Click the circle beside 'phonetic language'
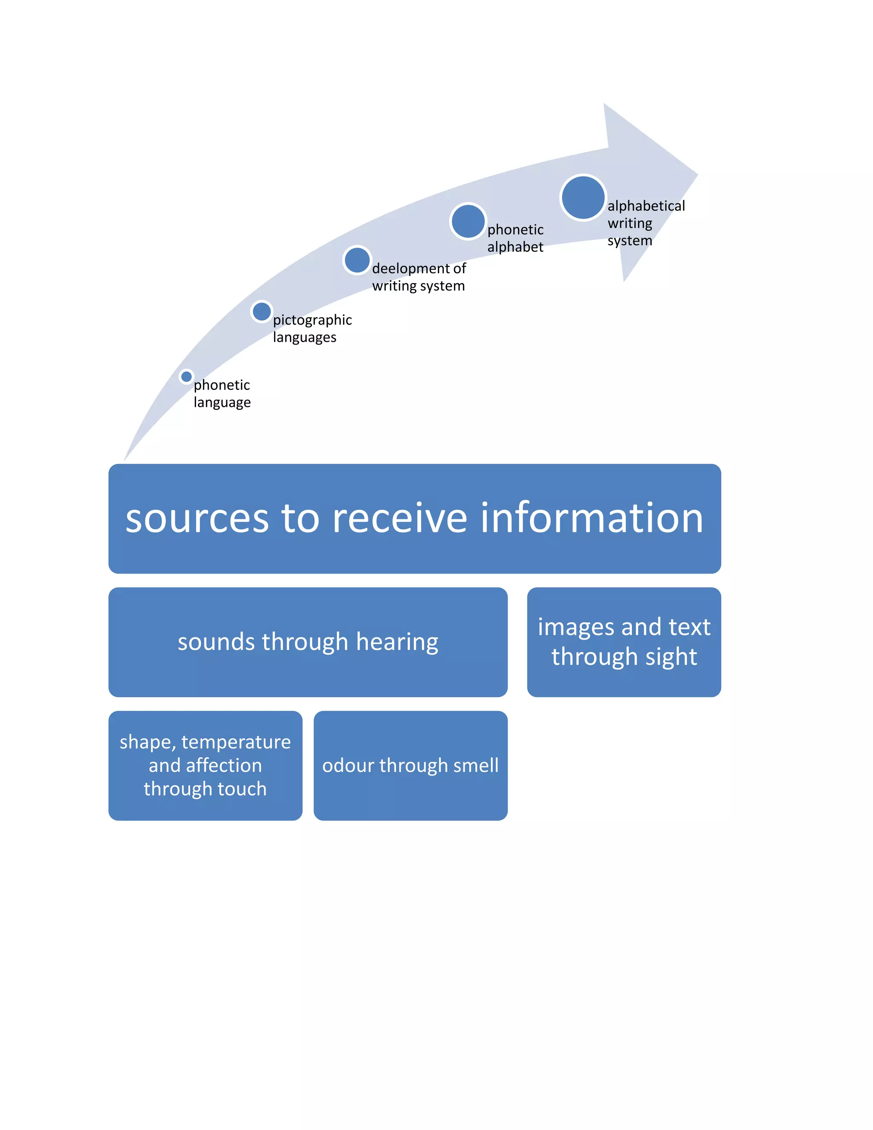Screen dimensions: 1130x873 tap(186, 376)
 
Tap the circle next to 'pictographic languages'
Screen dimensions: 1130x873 tap(261, 311)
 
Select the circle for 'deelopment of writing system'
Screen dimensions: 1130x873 tap(357, 260)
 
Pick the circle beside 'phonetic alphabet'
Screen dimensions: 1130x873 tap(468, 221)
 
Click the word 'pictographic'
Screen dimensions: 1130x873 tap(312, 320)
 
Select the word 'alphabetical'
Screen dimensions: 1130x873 tap(646, 206)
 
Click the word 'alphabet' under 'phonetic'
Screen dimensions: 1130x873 tap(515, 247)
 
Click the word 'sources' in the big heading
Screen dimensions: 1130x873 tap(197, 519)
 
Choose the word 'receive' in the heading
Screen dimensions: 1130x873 tap(400, 519)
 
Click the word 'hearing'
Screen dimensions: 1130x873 tap(397, 643)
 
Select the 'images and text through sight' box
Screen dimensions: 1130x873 tap(624, 642)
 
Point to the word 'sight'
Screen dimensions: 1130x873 tap(671, 657)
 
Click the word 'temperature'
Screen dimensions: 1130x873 tap(236, 742)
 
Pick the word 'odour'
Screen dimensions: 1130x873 tap(349, 765)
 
